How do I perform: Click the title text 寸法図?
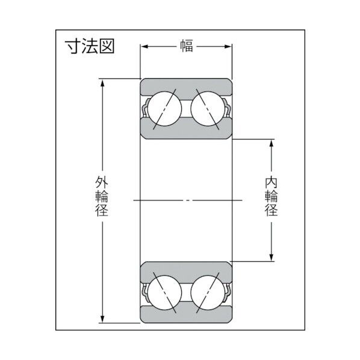[x=90, y=46]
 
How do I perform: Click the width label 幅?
[x=187, y=46]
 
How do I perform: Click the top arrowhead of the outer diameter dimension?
[x=103, y=82]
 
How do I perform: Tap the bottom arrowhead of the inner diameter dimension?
[x=272, y=257]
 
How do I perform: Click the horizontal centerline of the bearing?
[x=187, y=199]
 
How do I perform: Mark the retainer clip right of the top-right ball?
[x=228, y=110]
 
